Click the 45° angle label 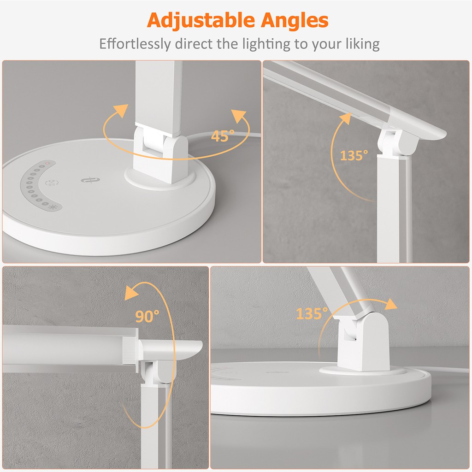[x=223, y=136]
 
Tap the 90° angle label [x=147, y=316]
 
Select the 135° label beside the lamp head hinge [x=354, y=155]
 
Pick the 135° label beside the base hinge [x=312, y=314]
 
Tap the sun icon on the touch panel [x=51, y=207]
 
